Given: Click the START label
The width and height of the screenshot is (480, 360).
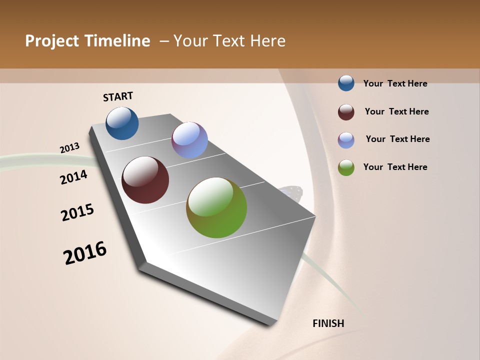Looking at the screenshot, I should pyautogui.click(x=118, y=96).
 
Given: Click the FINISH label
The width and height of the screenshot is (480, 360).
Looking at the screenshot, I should pyautogui.click(x=328, y=323).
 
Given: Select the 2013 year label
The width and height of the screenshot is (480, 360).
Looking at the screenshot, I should pyautogui.click(x=70, y=148).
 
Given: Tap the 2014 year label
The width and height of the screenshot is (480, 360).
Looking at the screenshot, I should pyautogui.click(x=74, y=177).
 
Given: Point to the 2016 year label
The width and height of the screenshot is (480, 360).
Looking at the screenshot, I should pyautogui.click(x=85, y=253).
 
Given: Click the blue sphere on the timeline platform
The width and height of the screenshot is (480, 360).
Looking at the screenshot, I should pyautogui.click(x=122, y=123).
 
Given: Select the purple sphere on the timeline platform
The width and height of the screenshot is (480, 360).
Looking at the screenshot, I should pyautogui.click(x=189, y=140).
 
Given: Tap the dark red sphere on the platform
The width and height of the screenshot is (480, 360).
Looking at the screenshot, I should pyautogui.click(x=145, y=180).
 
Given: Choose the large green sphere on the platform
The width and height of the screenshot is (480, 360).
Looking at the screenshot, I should pyautogui.click(x=216, y=207).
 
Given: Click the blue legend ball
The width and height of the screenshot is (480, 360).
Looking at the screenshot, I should pyautogui.click(x=346, y=83).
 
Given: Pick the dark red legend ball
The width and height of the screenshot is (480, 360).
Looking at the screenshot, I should pyautogui.click(x=346, y=112).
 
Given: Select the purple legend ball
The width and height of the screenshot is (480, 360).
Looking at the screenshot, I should pyautogui.click(x=346, y=140).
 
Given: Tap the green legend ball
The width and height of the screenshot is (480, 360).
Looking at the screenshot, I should pyautogui.click(x=346, y=167).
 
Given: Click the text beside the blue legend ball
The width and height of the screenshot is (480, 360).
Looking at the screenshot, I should pyautogui.click(x=395, y=83).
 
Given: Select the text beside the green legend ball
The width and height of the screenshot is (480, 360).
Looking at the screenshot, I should pyautogui.click(x=395, y=167).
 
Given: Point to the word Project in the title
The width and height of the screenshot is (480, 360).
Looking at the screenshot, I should pyautogui.click(x=52, y=41).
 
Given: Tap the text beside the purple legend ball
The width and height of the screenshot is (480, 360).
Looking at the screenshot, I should pyautogui.click(x=397, y=139).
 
